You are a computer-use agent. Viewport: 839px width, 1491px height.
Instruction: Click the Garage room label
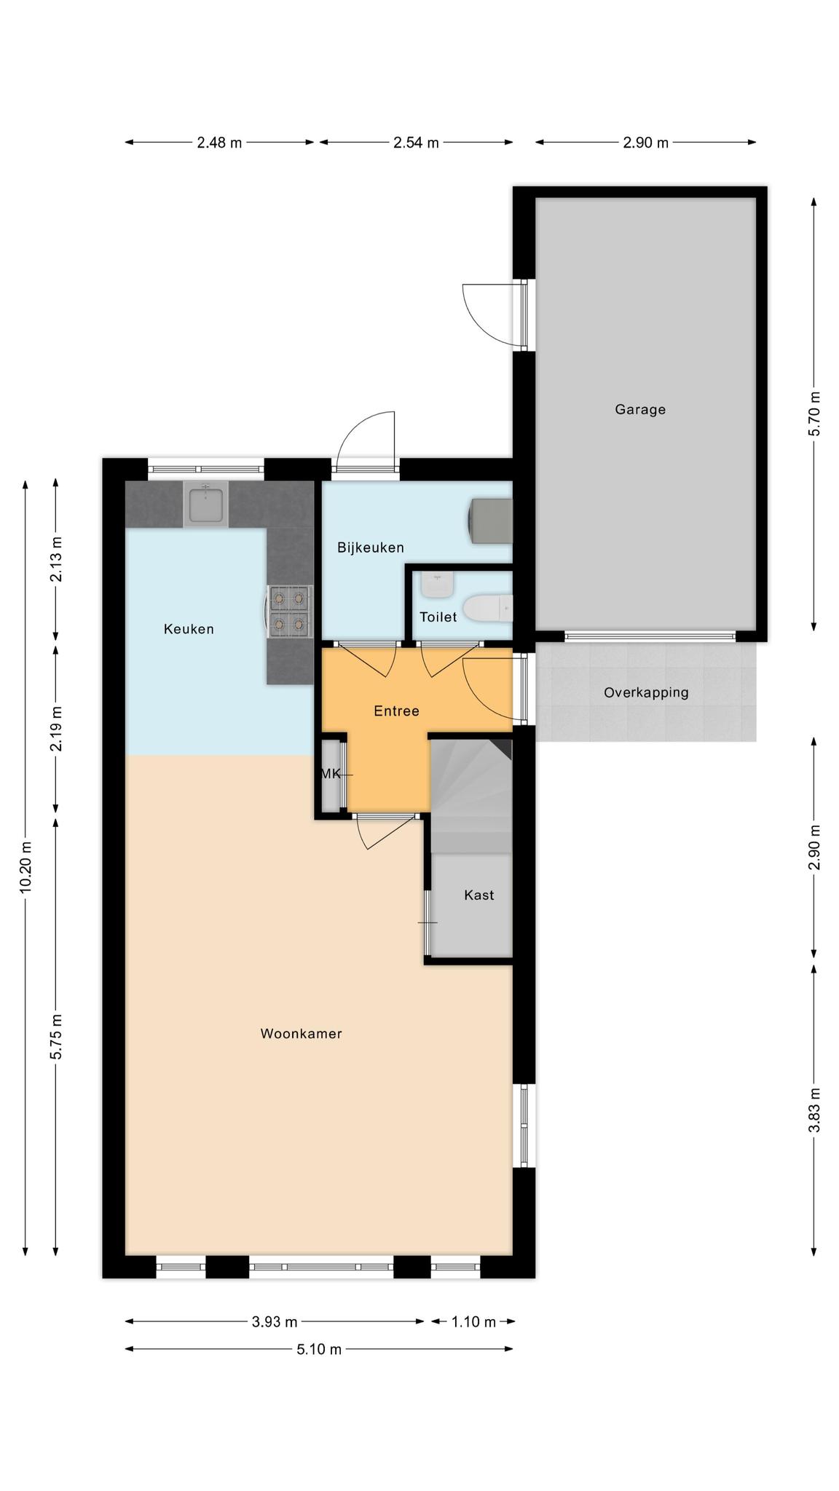pos(640,409)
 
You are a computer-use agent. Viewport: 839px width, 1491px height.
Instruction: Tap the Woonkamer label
pos(301,1033)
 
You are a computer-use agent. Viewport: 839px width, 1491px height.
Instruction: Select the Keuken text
pos(189,629)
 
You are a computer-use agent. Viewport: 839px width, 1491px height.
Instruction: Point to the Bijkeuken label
pos(370,547)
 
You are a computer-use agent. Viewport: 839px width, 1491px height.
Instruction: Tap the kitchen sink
pos(205,505)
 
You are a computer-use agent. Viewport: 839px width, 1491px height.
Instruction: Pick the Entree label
pos(396,711)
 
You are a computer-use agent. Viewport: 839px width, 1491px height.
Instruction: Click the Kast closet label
pos(479,895)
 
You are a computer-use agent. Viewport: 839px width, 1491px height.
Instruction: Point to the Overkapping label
pos(646,692)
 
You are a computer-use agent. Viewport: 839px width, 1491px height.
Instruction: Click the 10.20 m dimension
pos(26,867)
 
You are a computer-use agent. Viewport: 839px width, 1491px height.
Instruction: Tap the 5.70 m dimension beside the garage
pos(814,414)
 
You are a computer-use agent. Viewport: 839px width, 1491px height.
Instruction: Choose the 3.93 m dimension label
pos(275,1321)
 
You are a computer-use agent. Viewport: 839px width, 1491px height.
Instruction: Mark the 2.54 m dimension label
pos(416,143)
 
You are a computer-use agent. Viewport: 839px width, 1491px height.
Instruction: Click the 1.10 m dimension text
pos(473,1321)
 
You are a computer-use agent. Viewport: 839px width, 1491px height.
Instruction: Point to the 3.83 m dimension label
pos(814,1110)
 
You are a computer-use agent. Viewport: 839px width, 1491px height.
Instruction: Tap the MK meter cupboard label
pos(331,774)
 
